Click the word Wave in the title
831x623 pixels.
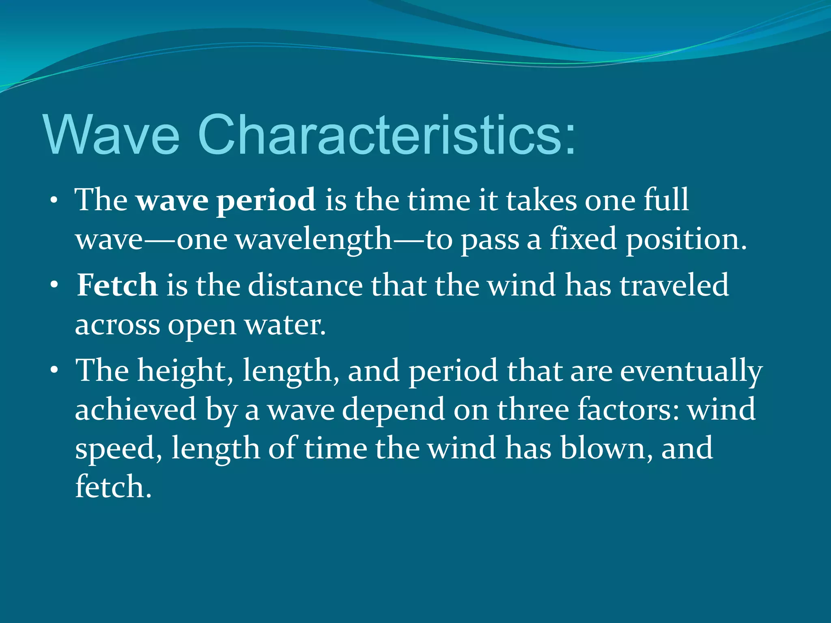112,135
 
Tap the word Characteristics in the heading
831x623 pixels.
385,135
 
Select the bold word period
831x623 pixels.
266,200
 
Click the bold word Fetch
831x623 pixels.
117,285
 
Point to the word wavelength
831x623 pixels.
314,239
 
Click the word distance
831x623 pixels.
306,285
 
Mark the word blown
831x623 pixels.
607,448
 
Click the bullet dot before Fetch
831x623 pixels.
54,285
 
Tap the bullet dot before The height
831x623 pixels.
54,370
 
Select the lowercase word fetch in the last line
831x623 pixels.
113,487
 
